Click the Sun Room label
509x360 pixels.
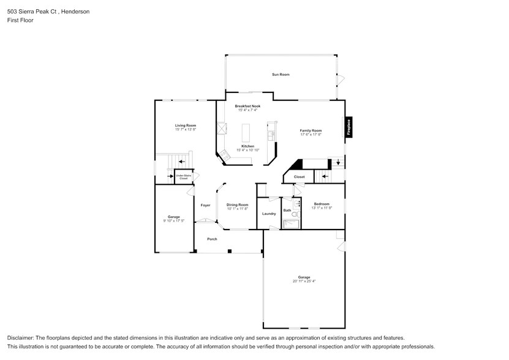point(281,75)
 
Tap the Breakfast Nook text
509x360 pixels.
point(247,106)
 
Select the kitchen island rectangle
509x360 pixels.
point(247,133)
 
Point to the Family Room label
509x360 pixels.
point(311,130)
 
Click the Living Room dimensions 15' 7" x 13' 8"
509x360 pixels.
point(186,129)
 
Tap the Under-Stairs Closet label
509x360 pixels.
point(183,176)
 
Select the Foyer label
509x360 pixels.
point(205,205)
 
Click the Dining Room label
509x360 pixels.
point(238,204)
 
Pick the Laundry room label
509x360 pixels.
point(269,214)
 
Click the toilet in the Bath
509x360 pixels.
point(295,216)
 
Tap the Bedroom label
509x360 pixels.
point(322,204)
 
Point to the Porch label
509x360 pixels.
point(212,239)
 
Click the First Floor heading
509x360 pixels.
point(21,20)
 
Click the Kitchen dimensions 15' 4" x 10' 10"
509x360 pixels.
point(247,150)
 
